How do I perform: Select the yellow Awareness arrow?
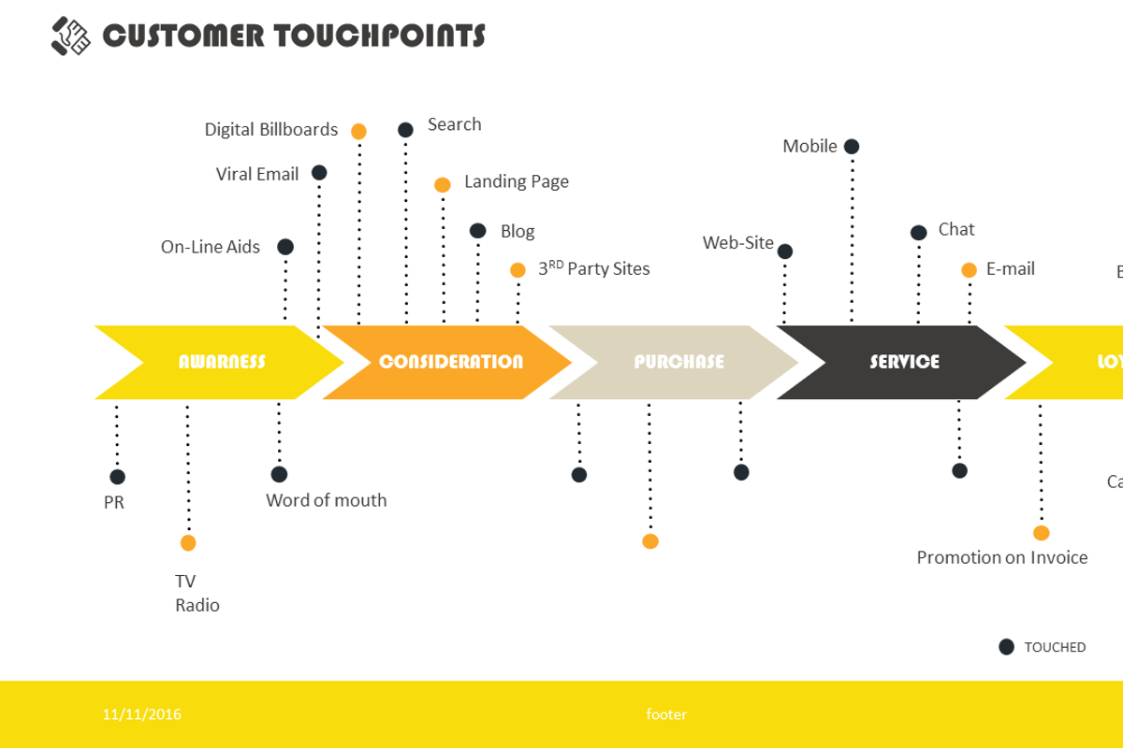click(221, 363)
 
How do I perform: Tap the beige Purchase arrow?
click(678, 363)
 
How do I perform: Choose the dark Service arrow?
click(904, 363)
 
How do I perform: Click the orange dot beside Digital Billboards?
click(358, 131)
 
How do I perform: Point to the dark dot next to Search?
click(405, 130)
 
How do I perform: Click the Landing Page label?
click(516, 181)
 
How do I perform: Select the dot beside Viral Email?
click(319, 172)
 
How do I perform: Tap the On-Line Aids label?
click(211, 248)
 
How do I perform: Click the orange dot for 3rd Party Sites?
click(518, 270)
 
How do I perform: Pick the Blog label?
click(518, 232)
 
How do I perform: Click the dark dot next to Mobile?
click(852, 147)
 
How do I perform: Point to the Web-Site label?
click(738, 243)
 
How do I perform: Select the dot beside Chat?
click(919, 233)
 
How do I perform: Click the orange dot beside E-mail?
click(970, 270)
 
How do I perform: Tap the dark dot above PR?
click(117, 477)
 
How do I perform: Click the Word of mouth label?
click(326, 500)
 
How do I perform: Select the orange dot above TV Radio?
click(188, 543)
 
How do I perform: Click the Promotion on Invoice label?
click(1001, 558)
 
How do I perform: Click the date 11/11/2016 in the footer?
click(142, 714)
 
